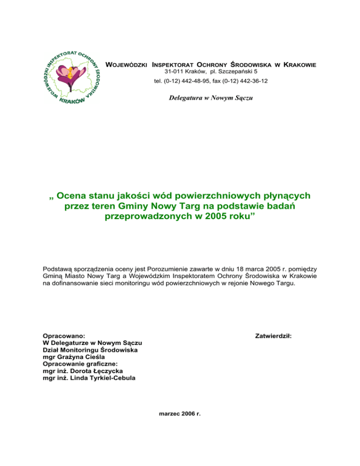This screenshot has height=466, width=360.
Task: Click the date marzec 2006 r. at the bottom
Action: [x=180, y=414]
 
